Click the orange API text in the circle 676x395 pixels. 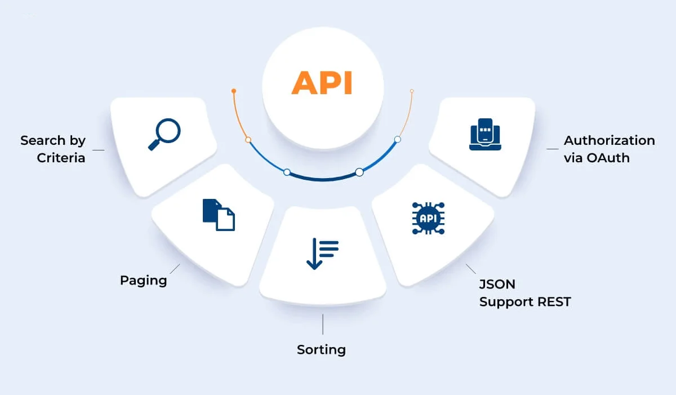point(322,83)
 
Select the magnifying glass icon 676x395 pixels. point(164,135)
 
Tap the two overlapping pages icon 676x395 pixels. point(219,215)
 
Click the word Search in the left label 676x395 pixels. point(43,140)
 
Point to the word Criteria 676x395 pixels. point(61,158)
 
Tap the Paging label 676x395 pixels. point(143,280)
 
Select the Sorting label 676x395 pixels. point(321,350)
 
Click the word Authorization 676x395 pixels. point(609,140)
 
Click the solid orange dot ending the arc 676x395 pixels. point(234,91)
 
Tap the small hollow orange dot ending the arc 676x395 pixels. point(412,91)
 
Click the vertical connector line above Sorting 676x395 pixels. point(323,325)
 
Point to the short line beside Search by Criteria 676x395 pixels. point(98,150)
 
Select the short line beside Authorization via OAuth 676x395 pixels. point(553,149)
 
